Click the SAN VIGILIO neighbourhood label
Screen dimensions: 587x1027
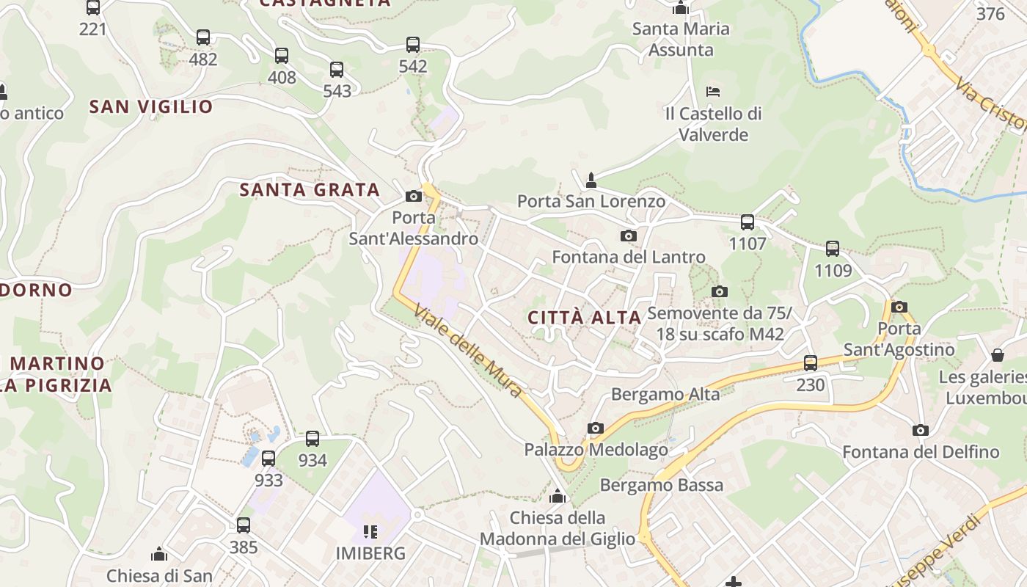(x=151, y=106)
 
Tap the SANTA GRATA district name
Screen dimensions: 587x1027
(x=310, y=190)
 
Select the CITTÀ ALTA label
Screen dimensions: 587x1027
(x=585, y=318)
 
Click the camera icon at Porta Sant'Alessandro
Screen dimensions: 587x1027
(x=414, y=196)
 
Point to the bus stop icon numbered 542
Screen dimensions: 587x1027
(x=413, y=45)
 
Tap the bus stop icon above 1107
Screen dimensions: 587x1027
(x=748, y=222)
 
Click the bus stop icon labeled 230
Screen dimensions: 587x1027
(x=811, y=362)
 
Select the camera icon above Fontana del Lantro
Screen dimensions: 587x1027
(x=629, y=236)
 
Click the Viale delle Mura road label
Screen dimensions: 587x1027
(x=469, y=351)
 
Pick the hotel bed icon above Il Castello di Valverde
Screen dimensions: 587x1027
(x=713, y=92)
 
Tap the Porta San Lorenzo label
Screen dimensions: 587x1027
(x=591, y=201)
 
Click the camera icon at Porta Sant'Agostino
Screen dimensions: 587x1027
(x=899, y=307)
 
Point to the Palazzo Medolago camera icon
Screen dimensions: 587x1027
(x=596, y=428)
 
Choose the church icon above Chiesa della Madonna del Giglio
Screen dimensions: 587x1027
(x=558, y=497)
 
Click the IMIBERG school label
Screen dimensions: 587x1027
(x=370, y=553)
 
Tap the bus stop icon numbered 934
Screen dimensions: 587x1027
(x=313, y=439)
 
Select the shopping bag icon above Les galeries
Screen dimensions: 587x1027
(x=998, y=356)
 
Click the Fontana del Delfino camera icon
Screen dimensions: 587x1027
(x=921, y=430)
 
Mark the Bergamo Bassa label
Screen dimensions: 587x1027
(x=662, y=485)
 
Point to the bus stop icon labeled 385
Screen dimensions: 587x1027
(x=244, y=525)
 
